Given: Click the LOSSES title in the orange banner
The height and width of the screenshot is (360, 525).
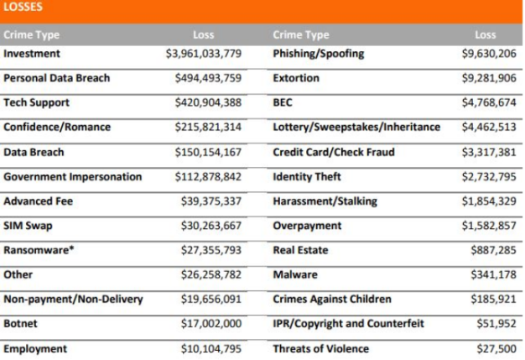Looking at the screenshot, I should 24,8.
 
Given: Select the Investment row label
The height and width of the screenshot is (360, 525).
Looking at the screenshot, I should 32,54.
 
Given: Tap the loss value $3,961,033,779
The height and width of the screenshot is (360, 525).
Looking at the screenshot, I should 204,54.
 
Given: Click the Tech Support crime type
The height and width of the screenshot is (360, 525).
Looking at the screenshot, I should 37,102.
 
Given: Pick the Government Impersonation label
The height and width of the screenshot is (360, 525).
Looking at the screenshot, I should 73,177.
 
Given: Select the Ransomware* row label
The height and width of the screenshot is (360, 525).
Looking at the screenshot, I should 35,250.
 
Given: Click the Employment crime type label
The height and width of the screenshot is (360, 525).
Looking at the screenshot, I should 35,348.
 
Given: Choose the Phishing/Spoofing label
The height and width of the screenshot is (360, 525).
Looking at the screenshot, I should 319,54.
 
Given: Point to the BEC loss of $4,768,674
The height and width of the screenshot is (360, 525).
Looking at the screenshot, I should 489,103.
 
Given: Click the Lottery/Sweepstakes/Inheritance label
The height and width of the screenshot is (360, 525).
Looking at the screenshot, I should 356,128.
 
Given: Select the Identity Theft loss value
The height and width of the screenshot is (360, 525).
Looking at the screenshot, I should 489,177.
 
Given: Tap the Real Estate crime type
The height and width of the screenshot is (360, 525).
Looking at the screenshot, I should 300,250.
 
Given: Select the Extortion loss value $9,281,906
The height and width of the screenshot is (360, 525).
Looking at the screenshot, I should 489,78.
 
